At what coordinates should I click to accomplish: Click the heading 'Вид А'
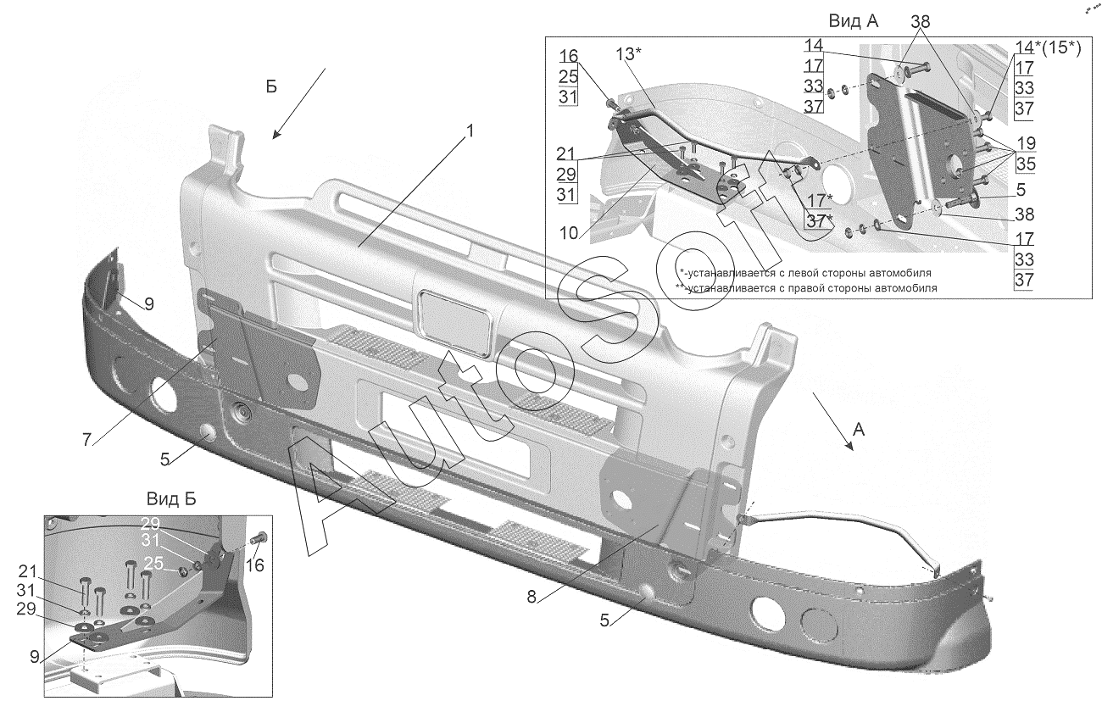coord(854,21)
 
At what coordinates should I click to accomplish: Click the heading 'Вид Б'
coord(172,498)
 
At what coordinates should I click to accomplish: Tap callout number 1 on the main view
coord(470,133)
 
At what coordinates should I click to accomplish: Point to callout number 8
coord(532,596)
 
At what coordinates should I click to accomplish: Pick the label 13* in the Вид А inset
coord(628,54)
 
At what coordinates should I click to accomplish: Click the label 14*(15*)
coord(1048,48)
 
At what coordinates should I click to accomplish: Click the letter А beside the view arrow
coord(859,430)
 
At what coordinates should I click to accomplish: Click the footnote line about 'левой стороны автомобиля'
coord(805,273)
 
